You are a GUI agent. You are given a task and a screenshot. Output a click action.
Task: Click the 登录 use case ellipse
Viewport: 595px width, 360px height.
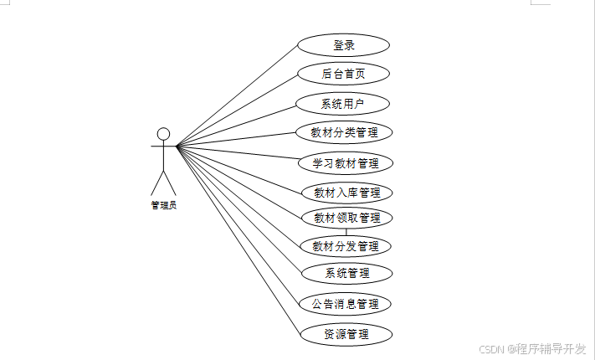344,45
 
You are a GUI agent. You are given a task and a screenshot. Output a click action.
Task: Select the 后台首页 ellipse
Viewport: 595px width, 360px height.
344,74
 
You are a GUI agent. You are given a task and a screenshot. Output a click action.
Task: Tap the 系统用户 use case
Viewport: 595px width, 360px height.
344,104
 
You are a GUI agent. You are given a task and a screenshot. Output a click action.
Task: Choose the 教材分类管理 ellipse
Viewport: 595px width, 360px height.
345,132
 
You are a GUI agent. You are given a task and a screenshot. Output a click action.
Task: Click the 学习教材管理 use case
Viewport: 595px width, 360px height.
346,162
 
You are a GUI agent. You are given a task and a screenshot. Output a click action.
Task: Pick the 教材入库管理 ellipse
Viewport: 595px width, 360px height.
346,193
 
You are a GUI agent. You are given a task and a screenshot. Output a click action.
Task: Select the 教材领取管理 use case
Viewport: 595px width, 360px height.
346,218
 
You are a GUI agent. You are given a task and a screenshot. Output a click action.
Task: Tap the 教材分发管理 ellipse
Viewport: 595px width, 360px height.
346,246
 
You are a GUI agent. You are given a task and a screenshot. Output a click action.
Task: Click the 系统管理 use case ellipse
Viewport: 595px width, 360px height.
346,273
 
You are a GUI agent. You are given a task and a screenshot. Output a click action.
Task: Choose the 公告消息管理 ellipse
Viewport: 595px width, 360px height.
346,303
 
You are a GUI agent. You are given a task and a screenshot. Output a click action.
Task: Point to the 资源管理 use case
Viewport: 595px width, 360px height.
346,334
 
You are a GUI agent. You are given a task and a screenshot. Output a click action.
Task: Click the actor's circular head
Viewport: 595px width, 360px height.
164,133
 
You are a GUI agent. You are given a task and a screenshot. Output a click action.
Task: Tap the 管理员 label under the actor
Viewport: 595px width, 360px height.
164,204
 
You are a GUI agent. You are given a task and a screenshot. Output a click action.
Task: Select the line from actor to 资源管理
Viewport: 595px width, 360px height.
239,241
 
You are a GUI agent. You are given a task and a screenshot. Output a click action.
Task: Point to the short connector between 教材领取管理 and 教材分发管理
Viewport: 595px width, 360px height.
346,232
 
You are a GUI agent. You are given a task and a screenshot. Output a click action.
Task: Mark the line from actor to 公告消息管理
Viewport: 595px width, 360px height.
239,226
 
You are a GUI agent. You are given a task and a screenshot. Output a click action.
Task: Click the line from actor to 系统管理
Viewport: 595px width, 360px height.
239,210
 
